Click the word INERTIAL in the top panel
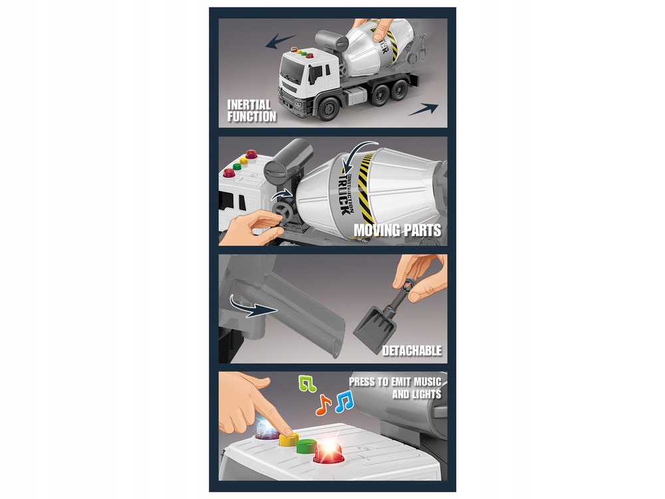click(249, 105)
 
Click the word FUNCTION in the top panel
click(252, 116)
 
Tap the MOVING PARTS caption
click(398, 230)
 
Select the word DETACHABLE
click(412, 351)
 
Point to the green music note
click(307, 383)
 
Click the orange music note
click(323, 405)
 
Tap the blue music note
click(344, 401)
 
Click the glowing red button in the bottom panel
click(329, 454)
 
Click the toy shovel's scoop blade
click(372, 330)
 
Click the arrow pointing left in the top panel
click(280, 41)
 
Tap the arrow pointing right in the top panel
click(423, 110)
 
